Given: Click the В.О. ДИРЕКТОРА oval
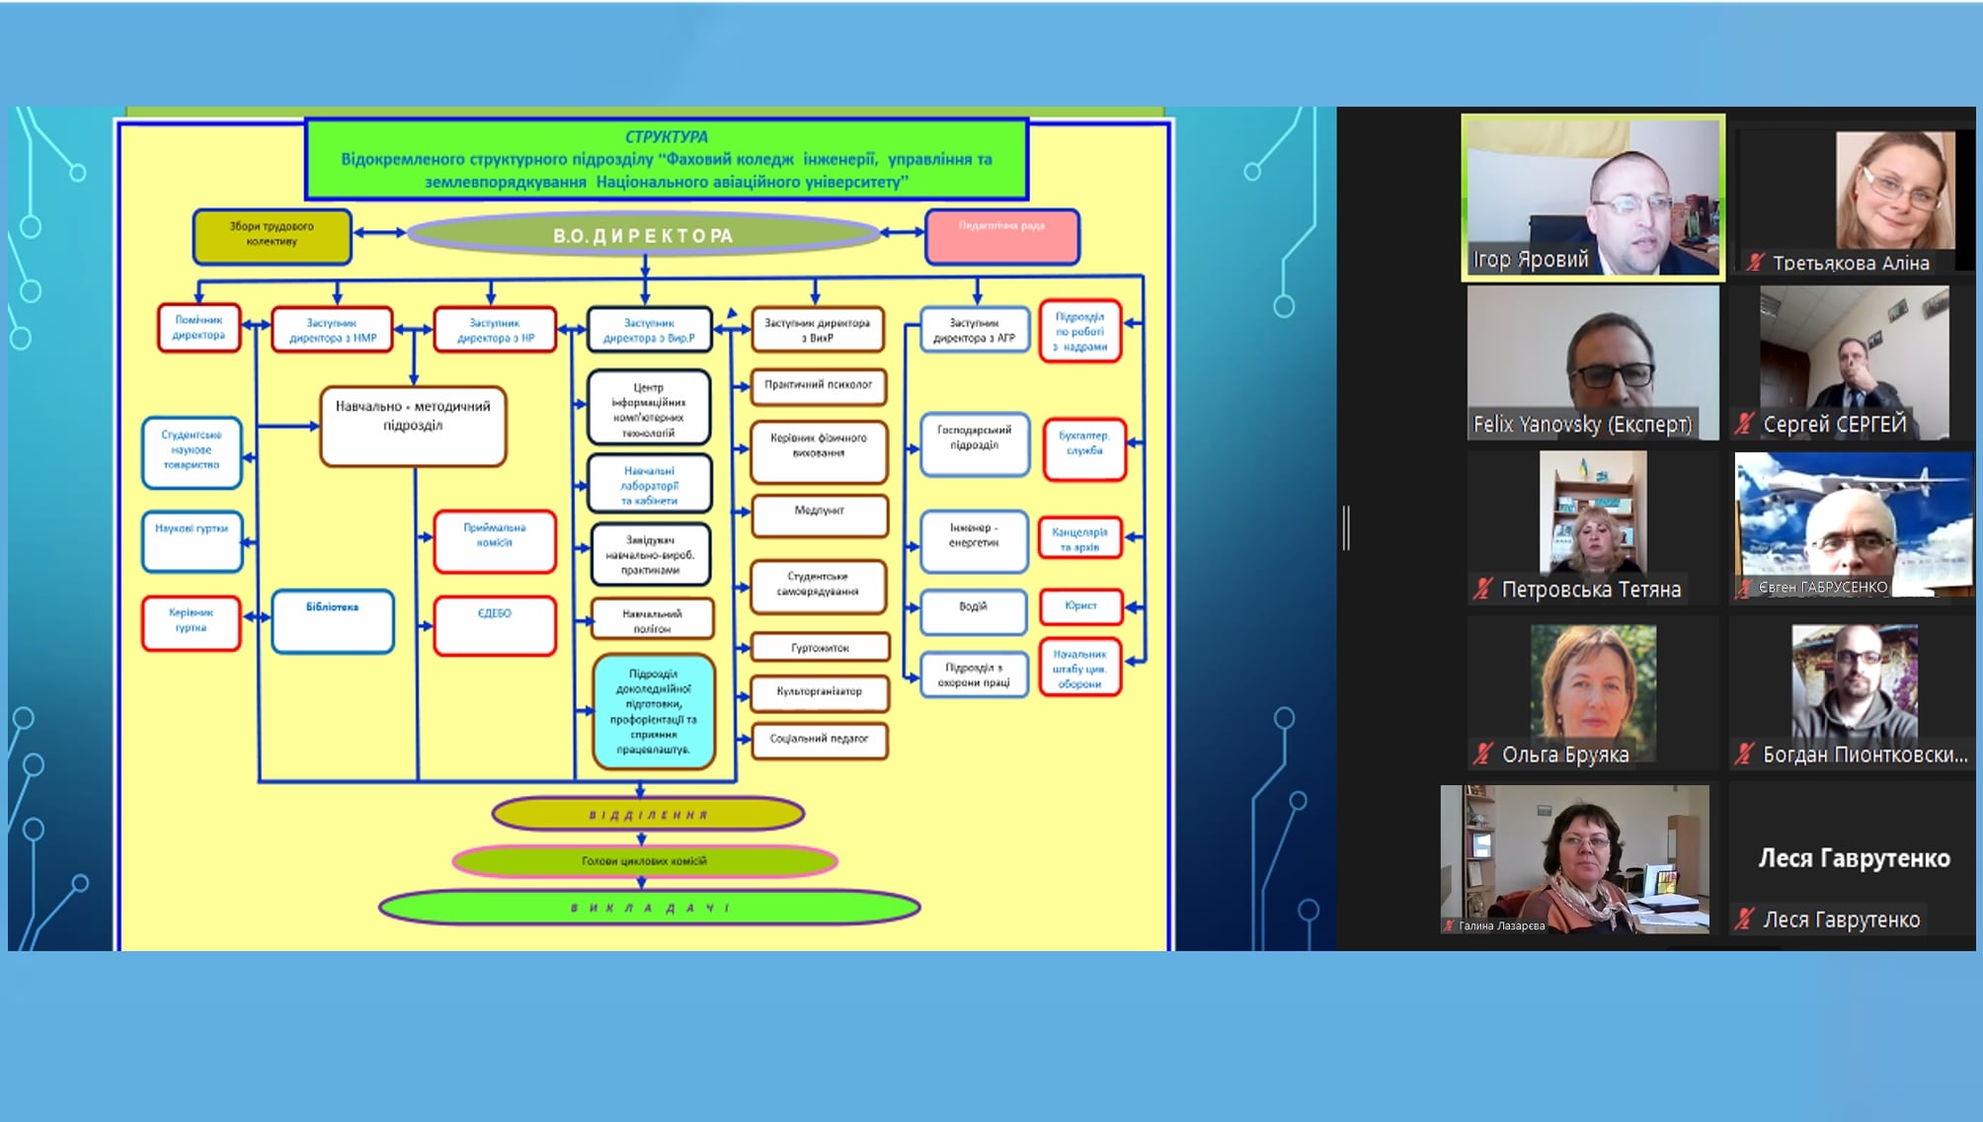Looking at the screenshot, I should point(643,235).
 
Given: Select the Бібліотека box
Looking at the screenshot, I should point(333,621).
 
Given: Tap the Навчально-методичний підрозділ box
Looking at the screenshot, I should point(413,426).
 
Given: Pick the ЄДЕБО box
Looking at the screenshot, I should point(495,625).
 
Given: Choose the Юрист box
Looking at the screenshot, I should point(1081,605).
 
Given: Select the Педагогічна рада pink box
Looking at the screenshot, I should point(1001,236).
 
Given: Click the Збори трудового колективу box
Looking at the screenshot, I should point(272,236).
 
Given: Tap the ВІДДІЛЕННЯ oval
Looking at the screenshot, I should point(648,815).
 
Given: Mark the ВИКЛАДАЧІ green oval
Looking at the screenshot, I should point(649,908).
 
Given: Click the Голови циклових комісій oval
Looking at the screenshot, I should point(644,861).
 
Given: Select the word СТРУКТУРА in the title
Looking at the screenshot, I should point(667,137).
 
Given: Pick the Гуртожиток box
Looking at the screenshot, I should point(820,648).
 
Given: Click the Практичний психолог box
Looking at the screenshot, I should point(819,386).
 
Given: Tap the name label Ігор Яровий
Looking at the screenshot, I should point(1530,260).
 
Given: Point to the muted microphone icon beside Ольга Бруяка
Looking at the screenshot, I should point(1482,755).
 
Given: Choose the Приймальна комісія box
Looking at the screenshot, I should point(495,540).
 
